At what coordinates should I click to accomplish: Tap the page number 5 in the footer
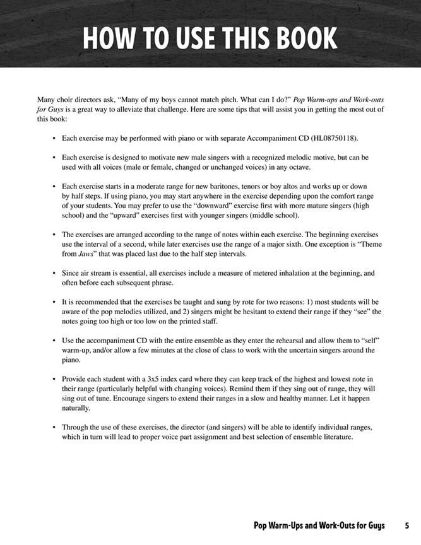pos(407,525)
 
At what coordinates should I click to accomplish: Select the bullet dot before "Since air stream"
pos(55,274)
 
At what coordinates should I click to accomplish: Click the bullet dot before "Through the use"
pos(55,428)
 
